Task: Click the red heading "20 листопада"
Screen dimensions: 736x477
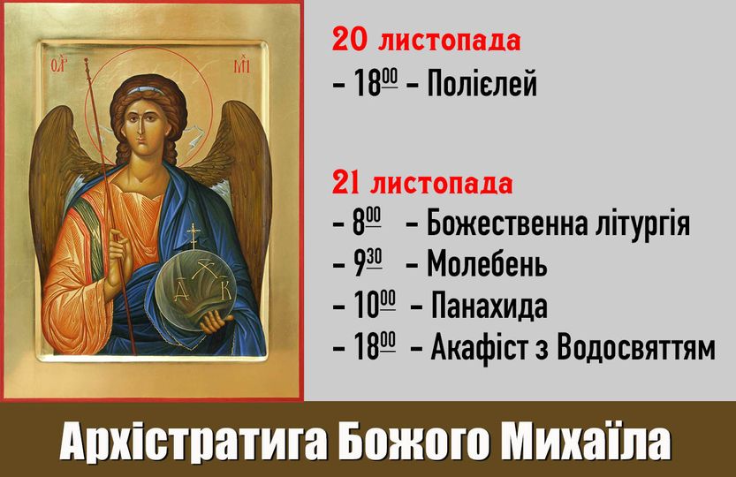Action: (426, 40)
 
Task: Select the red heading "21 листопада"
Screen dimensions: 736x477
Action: (422, 183)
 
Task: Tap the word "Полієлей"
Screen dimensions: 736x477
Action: (482, 84)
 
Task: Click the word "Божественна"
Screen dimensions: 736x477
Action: (507, 223)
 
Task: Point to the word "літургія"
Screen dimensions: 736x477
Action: (642, 223)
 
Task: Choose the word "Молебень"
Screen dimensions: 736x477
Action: (487, 264)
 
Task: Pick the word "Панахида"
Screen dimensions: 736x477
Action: (489, 306)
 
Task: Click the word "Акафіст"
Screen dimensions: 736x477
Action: (489, 347)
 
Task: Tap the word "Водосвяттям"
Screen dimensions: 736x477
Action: (636, 348)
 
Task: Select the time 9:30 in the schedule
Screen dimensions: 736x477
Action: (368, 263)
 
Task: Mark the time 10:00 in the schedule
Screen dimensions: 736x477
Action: (374, 305)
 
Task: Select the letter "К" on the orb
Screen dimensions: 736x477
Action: (226, 291)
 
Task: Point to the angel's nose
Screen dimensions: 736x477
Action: (140, 132)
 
